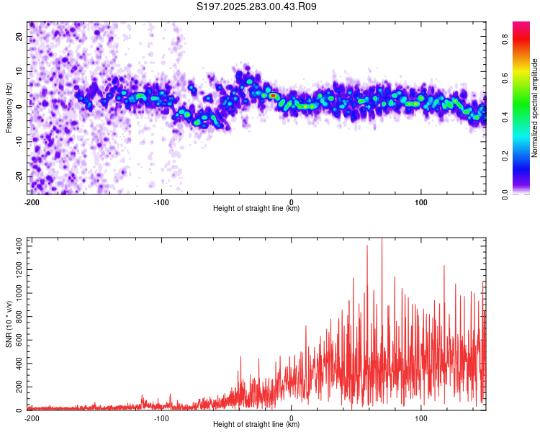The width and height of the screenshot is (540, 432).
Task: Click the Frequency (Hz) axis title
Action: (9, 107)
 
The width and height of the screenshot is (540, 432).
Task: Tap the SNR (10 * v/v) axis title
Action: (9, 324)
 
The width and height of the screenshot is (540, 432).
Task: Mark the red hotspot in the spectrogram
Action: (273, 95)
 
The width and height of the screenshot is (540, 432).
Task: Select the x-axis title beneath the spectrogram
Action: (256, 209)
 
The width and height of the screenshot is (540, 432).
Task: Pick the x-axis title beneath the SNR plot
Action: (256, 425)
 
